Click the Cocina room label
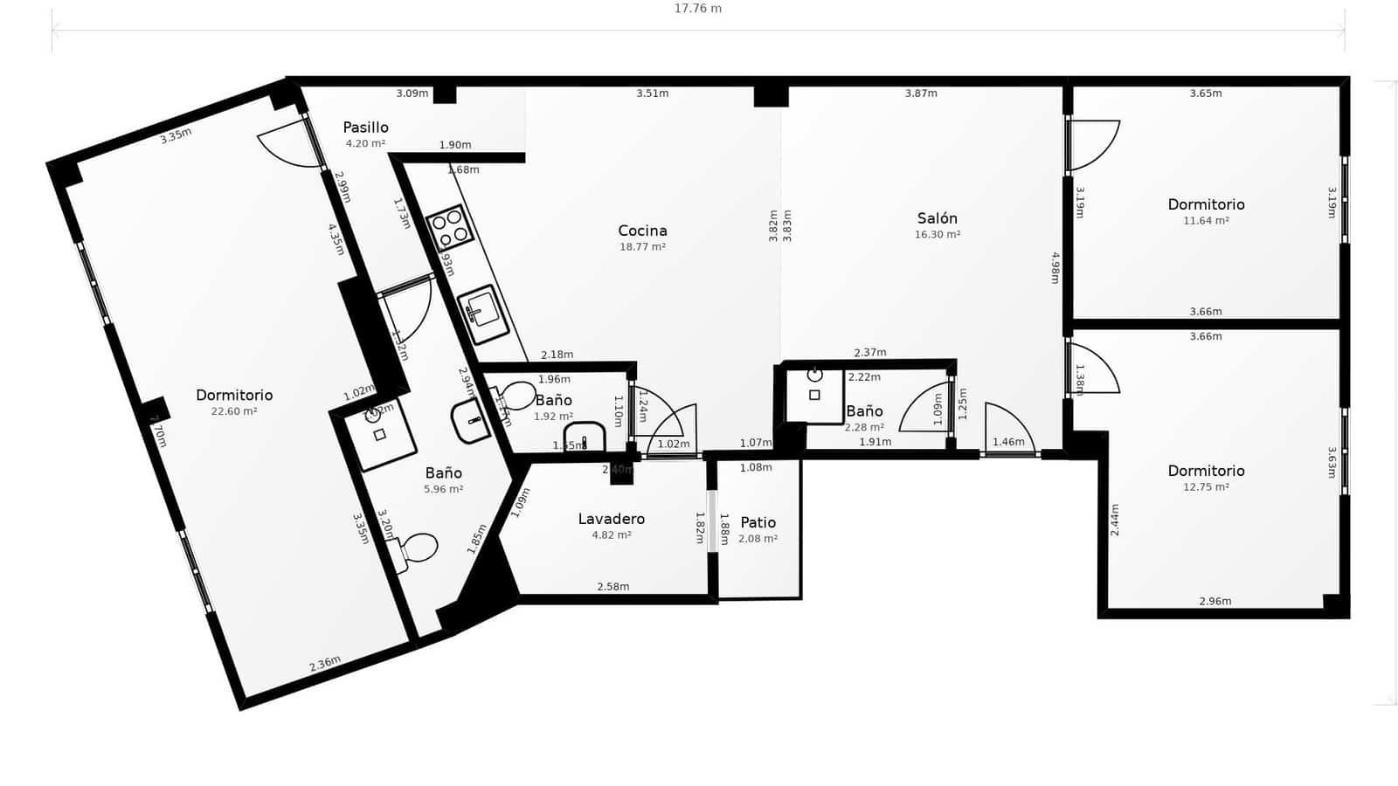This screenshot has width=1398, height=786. (x=642, y=231)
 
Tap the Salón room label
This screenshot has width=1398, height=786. (x=937, y=218)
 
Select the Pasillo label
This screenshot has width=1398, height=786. (x=365, y=128)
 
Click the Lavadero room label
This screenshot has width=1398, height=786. (x=611, y=519)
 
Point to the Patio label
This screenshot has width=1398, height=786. (x=758, y=522)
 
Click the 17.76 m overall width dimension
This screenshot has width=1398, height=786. (x=697, y=9)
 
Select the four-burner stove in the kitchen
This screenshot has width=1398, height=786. (x=451, y=226)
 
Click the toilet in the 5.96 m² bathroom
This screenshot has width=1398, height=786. (x=418, y=549)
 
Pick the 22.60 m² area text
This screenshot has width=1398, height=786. (x=233, y=411)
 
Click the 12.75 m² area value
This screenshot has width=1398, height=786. (x=1206, y=487)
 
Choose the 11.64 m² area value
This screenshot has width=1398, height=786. (x=1206, y=221)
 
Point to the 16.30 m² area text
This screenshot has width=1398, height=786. (x=937, y=235)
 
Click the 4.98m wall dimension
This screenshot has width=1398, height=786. (x=1055, y=268)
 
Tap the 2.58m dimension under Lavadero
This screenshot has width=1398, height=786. (x=612, y=587)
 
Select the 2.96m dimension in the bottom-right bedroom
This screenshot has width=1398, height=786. (x=1215, y=601)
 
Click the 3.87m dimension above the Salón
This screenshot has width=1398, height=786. (x=921, y=93)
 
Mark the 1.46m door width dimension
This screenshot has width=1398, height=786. (x=1008, y=442)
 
